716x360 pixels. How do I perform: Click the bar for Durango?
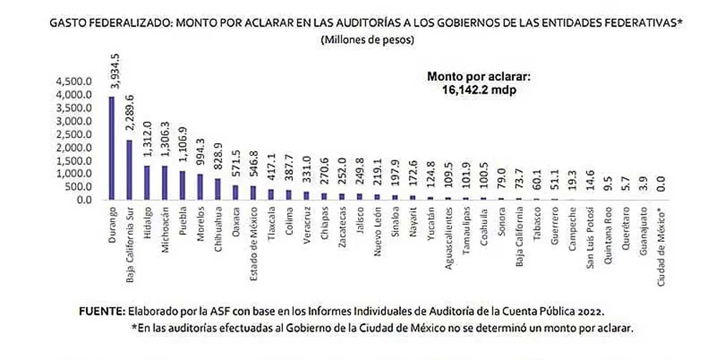coord(111,149)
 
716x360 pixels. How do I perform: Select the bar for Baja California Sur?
coord(128,170)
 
